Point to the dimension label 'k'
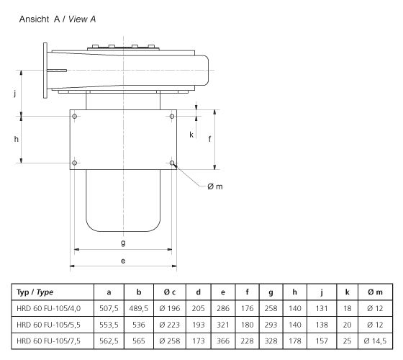[x=191, y=134]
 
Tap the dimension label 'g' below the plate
[x=123, y=243]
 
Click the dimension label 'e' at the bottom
[x=123, y=261]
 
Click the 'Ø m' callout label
[x=215, y=186]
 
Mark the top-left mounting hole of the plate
[x=75, y=115]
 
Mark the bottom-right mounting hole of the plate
[x=172, y=163]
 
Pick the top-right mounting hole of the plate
[x=172, y=115]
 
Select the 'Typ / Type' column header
[x=36, y=292]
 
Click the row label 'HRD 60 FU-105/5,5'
[x=46, y=324]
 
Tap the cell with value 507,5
[x=109, y=308]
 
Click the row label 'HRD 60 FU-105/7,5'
[x=46, y=340]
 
